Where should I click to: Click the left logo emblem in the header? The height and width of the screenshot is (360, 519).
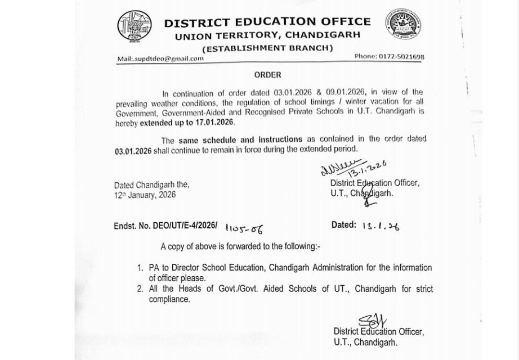point(134,29)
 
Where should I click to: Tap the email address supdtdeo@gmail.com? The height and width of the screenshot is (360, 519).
point(160,58)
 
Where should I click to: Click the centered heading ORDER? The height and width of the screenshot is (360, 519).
point(267,75)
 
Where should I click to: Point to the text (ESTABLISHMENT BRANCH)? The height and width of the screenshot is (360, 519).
point(267,48)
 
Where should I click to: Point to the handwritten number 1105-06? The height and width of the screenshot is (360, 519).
point(244,228)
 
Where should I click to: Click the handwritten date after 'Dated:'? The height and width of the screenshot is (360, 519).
point(381,226)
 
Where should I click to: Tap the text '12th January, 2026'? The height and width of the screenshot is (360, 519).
point(145,195)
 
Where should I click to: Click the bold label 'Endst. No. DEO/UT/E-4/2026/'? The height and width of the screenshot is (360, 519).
point(165,226)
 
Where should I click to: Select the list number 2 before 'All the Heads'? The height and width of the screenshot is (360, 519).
point(140,289)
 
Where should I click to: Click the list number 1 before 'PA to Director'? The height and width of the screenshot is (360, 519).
point(140,268)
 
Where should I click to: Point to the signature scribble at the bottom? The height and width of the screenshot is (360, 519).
point(373,322)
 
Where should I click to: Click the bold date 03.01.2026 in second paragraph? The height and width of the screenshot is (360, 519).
point(133,149)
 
